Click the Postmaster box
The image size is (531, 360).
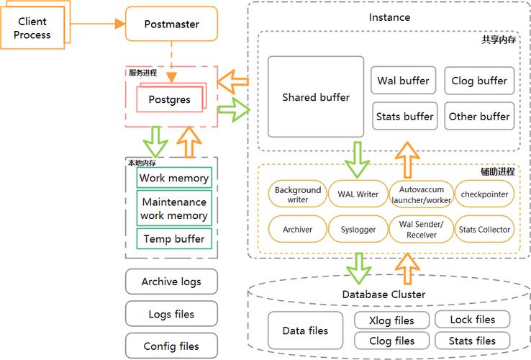click(171, 24)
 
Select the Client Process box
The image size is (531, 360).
click(34, 28)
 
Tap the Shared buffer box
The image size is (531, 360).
click(315, 97)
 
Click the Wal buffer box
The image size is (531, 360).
click(403, 81)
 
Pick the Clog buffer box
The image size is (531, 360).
click(478, 81)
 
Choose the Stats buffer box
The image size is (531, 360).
click(403, 116)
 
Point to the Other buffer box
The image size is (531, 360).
click(478, 116)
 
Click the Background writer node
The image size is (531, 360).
click(297, 194)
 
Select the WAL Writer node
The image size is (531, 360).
click(358, 194)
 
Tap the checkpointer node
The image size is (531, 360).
click(484, 194)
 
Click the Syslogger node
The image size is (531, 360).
click(358, 229)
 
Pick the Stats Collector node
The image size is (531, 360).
click(484, 229)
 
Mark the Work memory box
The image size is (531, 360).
click(174, 178)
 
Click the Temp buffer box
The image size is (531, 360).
click(174, 238)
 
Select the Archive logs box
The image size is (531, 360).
click(171, 282)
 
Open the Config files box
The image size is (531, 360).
click(171, 346)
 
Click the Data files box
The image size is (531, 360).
click(305, 331)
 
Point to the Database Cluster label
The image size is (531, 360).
click(383, 294)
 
